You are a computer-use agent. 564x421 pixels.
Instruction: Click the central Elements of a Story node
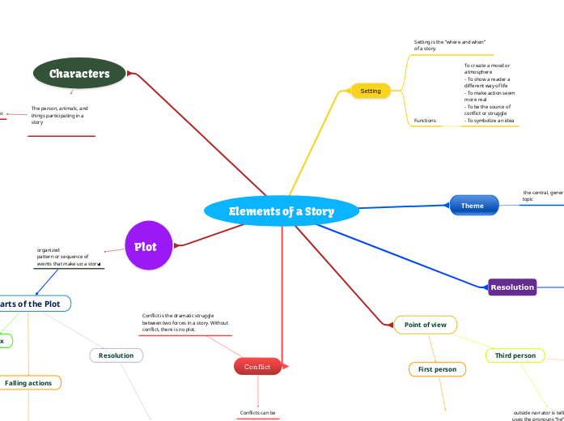tap(281, 211)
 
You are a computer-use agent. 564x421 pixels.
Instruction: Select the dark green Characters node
tap(79, 74)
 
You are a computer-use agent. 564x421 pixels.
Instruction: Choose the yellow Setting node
tap(371, 91)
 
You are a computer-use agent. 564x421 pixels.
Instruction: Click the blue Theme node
tap(473, 206)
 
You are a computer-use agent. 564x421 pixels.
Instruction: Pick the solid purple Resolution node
tap(512, 287)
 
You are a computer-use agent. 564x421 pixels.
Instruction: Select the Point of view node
tap(425, 325)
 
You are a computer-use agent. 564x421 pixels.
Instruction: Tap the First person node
tap(437, 369)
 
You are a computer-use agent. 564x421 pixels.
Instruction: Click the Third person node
tap(515, 355)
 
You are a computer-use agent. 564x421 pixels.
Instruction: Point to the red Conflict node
tap(258, 367)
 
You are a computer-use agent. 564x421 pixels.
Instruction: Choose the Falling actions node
tap(29, 382)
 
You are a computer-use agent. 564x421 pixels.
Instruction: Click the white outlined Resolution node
tap(117, 355)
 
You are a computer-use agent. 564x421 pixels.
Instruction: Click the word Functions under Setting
tap(425, 121)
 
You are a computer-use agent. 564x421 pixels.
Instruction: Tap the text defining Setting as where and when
tap(449, 45)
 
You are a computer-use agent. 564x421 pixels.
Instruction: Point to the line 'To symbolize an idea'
tap(490, 120)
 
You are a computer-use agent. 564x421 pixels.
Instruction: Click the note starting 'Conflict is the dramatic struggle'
tap(185, 322)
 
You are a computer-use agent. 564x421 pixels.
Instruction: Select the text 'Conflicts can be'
tap(258, 413)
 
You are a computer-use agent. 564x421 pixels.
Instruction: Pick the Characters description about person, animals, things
tap(60, 115)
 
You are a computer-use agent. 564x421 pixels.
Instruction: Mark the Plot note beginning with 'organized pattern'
tap(68, 257)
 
